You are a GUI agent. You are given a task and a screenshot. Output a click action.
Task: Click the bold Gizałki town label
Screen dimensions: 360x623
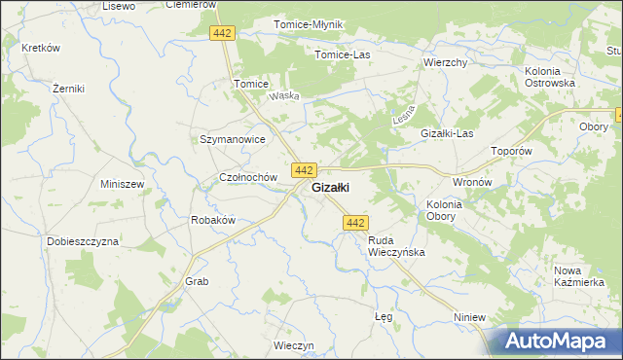(x=330, y=188)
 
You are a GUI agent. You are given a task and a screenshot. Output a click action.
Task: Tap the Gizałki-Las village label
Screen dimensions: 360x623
(x=446, y=133)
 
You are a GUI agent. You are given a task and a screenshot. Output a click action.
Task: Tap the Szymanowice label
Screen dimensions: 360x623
(x=233, y=139)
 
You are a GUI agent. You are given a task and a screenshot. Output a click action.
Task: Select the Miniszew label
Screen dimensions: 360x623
(x=123, y=184)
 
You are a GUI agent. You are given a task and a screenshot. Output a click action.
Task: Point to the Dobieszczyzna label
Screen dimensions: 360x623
(x=83, y=240)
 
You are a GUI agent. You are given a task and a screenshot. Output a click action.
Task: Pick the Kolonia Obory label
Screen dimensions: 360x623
(x=444, y=210)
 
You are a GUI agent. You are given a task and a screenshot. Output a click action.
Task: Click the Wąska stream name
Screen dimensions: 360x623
(x=283, y=95)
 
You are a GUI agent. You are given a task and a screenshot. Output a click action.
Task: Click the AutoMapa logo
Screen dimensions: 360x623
(x=556, y=342)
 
